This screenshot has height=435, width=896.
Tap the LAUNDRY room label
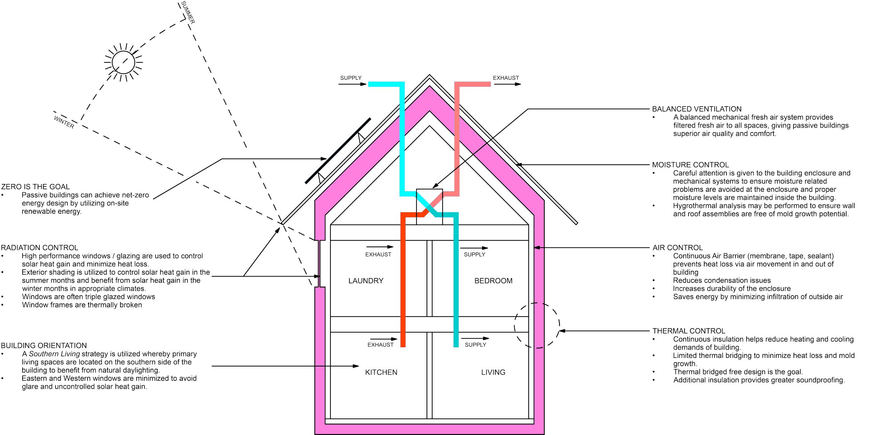[x=366, y=281]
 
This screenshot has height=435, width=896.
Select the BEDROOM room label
[x=493, y=281]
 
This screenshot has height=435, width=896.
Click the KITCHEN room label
[x=381, y=373]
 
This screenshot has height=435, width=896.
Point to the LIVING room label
[x=493, y=373]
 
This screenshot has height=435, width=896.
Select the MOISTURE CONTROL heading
[x=690, y=165]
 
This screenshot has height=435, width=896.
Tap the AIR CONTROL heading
[x=677, y=248]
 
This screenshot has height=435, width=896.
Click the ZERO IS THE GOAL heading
[x=35, y=187]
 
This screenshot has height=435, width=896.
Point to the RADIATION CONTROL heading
[x=39, y=248]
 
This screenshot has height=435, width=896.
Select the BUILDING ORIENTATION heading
[x=44, y=345]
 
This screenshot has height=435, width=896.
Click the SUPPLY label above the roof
[x=351, y=78]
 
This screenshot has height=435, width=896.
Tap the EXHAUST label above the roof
[x=505, y=78]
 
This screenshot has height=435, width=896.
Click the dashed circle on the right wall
[x=537, y=325]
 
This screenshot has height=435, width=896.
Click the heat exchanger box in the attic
[x=429, y=206]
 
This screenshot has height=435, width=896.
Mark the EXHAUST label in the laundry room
[x=378, y=254]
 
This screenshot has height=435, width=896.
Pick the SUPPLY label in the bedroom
[x=475, y=254]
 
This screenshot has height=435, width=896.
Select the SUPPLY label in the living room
[x=476, y=345]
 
